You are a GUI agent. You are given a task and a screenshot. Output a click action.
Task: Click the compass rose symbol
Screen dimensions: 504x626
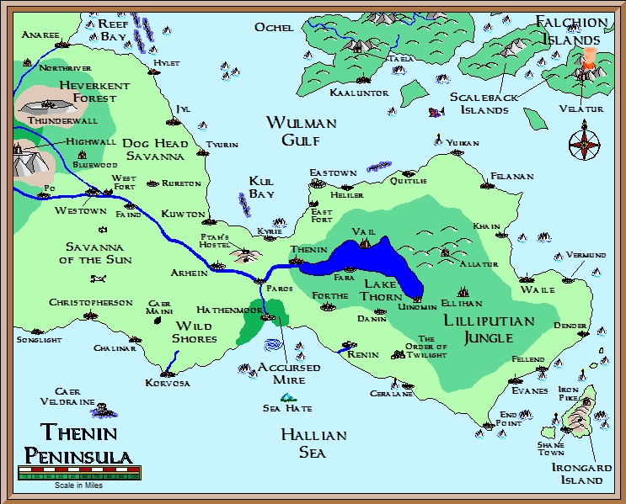click(584, 144)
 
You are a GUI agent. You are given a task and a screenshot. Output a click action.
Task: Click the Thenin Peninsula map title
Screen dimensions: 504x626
click(78, 445)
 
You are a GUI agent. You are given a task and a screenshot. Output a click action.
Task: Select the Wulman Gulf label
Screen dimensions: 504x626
click(301, 131)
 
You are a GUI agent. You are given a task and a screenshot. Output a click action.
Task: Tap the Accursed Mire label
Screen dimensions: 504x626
click(289, 374)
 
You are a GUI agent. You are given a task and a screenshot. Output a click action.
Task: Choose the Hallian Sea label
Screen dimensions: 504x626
click(313, 443)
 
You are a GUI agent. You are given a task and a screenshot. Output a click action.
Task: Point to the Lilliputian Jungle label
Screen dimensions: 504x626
click(489, 330)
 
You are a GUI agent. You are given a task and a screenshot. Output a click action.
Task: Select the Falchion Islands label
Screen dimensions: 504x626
click(570, 31)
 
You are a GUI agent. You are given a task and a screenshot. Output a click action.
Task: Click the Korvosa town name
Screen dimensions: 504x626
click(168, 383)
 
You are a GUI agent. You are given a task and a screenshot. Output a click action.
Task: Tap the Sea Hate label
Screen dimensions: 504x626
click(287, 409)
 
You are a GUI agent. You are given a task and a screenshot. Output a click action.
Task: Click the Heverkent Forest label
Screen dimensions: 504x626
click(94, 92)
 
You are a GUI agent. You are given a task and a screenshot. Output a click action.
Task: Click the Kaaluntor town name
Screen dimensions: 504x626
click(359, 93)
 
